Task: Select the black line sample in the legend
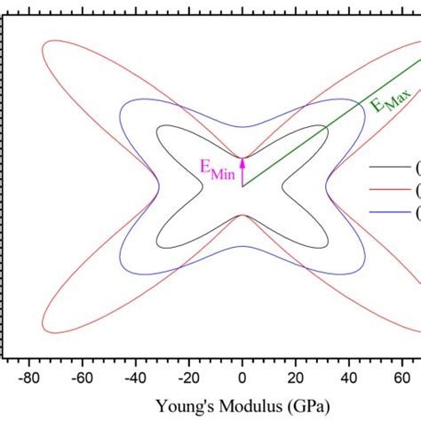click(x=388, y=167)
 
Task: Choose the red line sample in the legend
click(x=388, y=189)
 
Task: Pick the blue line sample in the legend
click(x=388, y=211)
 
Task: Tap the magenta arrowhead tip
click(x=242, y=156)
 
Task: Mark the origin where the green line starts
click(x=242, y=187)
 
